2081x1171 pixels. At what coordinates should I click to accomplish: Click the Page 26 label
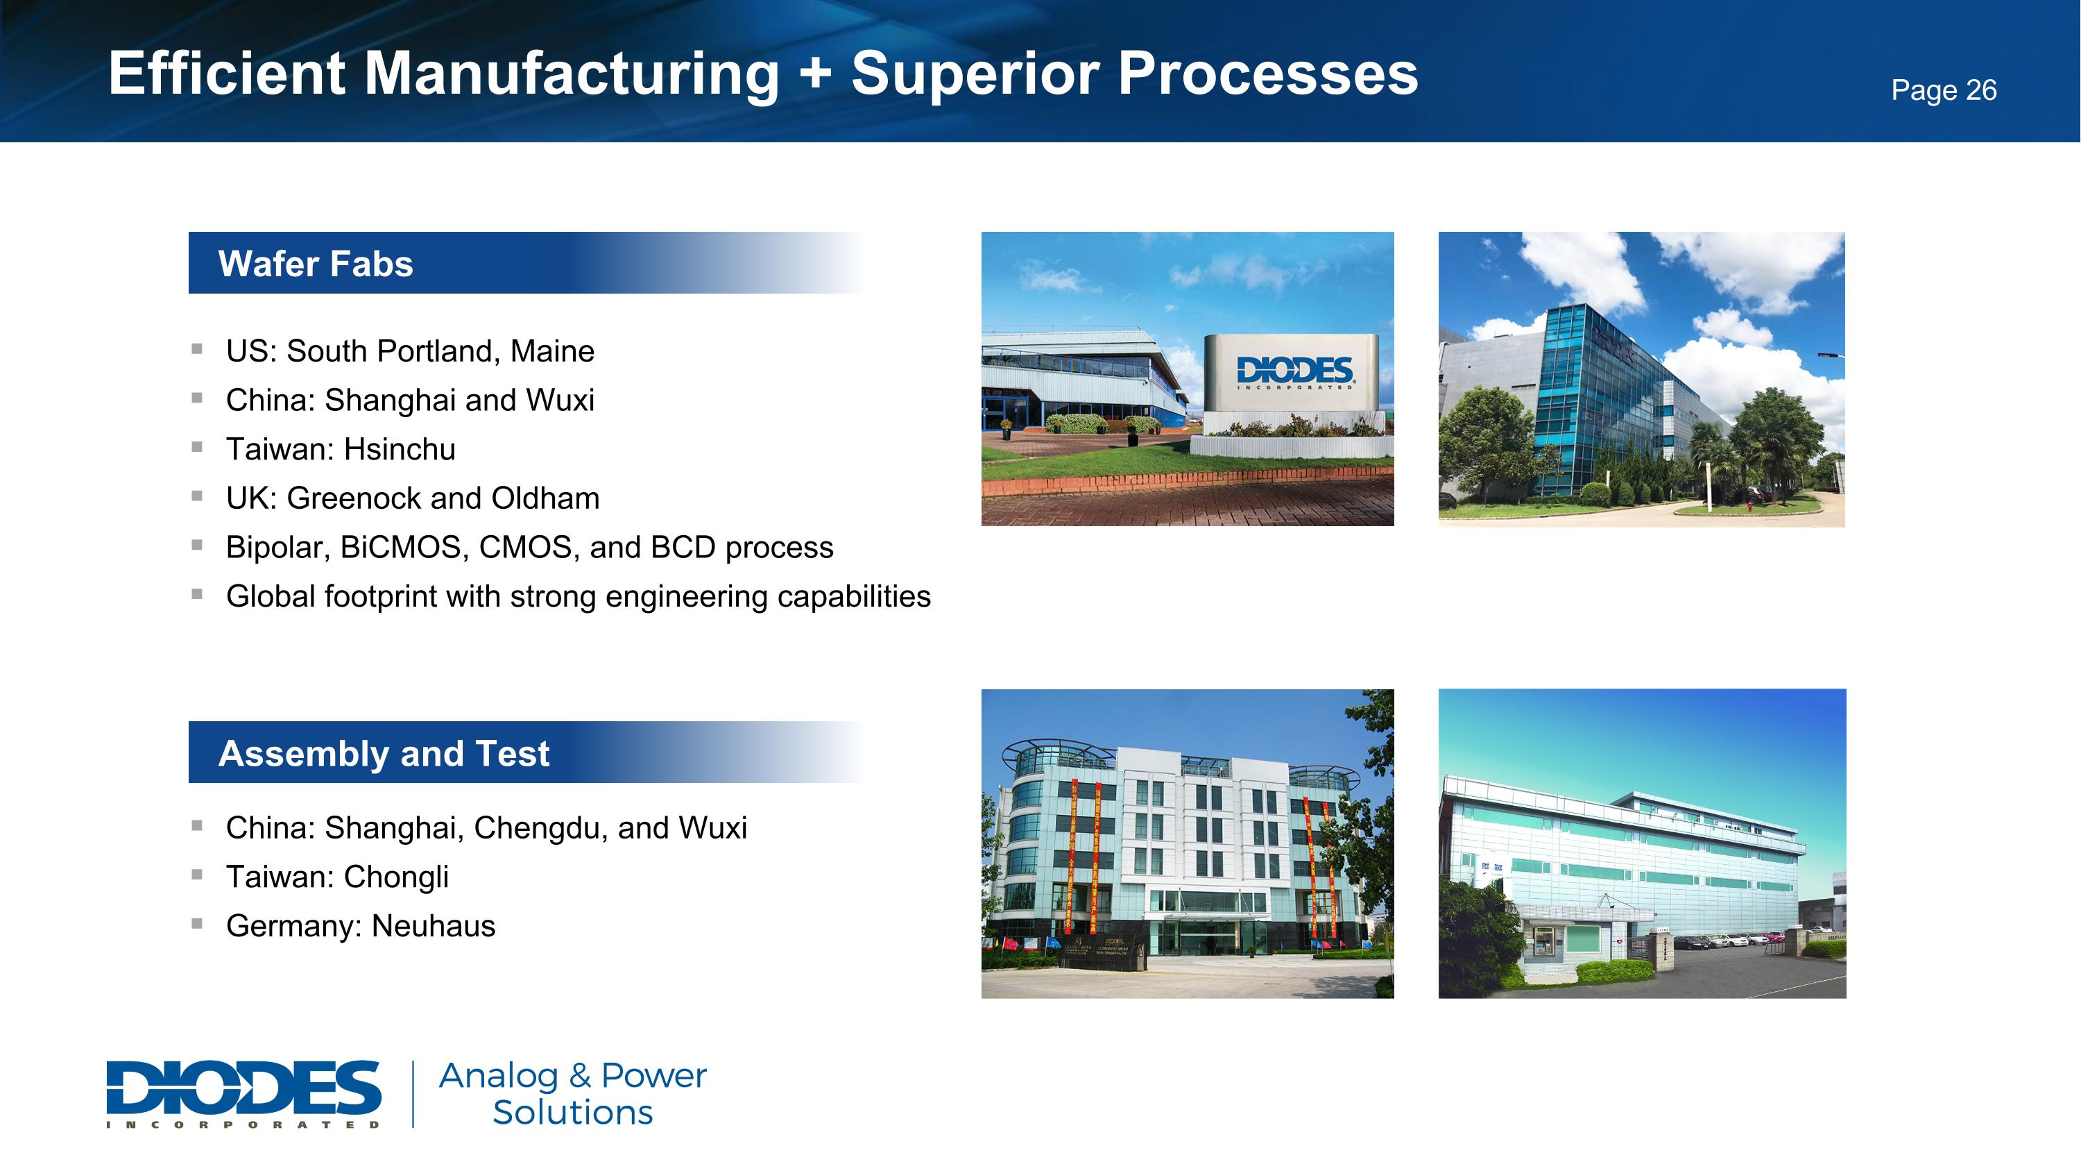click(1943, 90)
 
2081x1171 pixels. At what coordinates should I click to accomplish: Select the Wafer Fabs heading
click(316, 264)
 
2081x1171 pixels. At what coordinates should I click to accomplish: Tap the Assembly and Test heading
click(384, 753)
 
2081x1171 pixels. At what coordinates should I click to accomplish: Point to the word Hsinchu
click(399, 449)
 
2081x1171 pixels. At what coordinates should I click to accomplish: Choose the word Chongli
click(396, 877)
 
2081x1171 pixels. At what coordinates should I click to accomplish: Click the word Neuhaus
click(433, 926)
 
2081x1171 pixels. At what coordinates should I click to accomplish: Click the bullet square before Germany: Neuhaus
click(197, 923)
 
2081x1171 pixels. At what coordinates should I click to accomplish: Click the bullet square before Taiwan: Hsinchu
click(197, 446)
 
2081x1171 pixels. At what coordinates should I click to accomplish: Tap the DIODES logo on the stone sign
click(1294, 373)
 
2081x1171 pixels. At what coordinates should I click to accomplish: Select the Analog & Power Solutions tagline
click(572, 1093)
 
